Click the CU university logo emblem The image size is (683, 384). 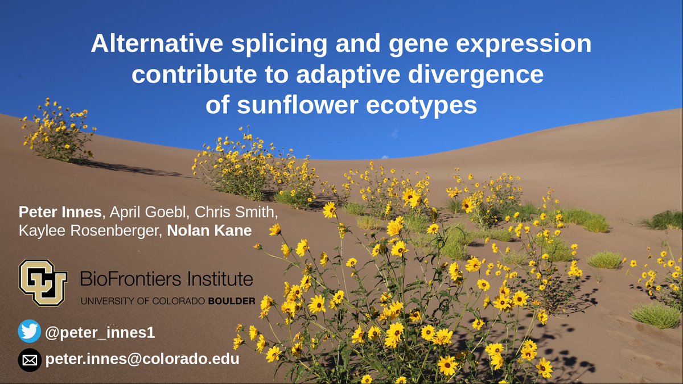[43, 282]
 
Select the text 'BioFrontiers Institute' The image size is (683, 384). [166, 279]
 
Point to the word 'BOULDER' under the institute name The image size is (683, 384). [231, 300]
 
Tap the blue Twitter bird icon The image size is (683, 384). [30, 331]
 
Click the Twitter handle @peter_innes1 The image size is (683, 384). [100, 332]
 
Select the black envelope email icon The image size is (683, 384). [30, 360]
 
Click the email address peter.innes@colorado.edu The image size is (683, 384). [142, 360]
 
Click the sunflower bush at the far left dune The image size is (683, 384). [58, 132]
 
